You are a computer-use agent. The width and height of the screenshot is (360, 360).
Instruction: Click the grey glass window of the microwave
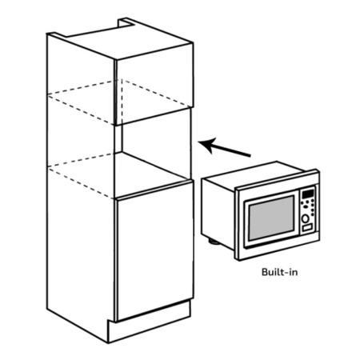(271, 218)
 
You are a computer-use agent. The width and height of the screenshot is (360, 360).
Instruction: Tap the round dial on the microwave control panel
(306, 218)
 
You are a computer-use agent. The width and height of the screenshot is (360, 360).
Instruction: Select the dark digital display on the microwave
(307, 194)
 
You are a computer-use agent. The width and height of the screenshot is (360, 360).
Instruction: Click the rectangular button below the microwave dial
(307, 228)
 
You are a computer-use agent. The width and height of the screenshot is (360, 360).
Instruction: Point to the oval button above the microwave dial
(306, 206)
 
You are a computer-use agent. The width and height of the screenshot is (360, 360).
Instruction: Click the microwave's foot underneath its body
(214, 242)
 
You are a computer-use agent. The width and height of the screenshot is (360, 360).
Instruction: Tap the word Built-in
(279, 272)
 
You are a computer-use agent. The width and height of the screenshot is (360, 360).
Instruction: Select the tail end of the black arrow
(250, 155)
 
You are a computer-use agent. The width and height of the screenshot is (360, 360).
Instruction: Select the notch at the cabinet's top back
(125, 23)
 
